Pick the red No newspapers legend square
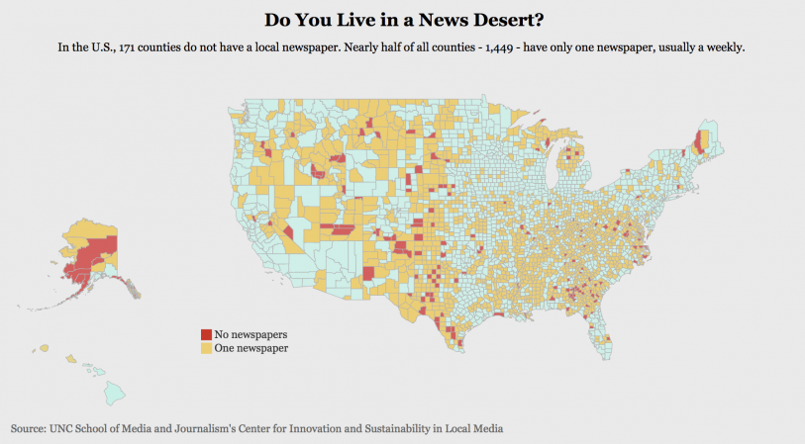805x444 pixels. (206, 335)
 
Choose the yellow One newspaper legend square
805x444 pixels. (206, 348)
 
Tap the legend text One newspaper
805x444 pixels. (251, 348)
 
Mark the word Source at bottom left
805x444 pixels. (28, 429)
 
